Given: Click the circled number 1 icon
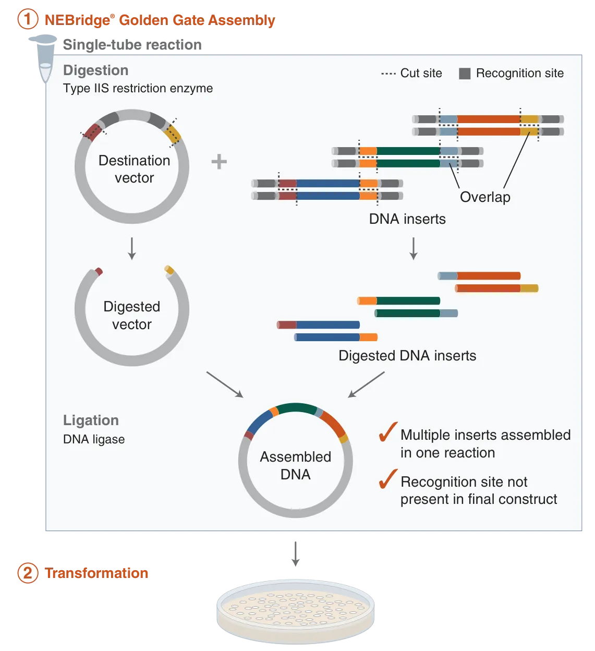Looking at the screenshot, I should pos(28,20).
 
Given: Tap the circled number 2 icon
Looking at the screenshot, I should pos(28,573).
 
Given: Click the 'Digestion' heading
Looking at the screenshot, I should pos(95,70).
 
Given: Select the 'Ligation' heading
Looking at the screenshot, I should pos(91,420).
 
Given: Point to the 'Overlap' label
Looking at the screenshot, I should pos(485,197).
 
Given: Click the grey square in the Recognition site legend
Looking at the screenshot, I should pos(465,74).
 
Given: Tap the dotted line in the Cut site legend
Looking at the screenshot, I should pos(388,74).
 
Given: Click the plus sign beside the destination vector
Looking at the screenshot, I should pos(219,162).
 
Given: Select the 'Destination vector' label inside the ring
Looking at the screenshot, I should pos(134,169).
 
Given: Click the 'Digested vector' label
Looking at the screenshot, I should pos(132,315).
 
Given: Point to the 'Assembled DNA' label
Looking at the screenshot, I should pos(296,465).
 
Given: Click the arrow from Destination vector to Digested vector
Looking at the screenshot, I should pos(132,248).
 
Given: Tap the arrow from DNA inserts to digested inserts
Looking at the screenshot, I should pos(414,248).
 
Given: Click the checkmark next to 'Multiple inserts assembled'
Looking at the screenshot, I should pos(388,432).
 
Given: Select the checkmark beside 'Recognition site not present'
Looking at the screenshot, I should pos(388,479).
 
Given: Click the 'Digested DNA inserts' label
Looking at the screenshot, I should pos(407,356).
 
